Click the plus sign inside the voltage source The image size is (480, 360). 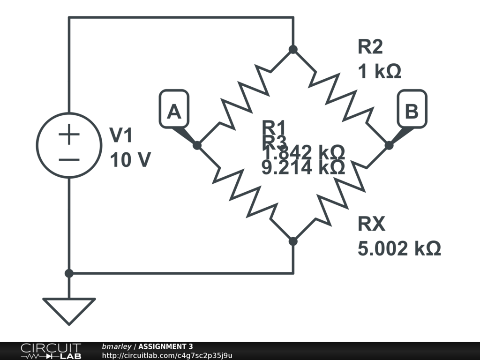tap(69, 136)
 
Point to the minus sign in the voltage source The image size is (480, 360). tap(69, 159)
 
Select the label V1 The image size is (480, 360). tap(121, 136)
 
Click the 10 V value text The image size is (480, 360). tap(130, 160)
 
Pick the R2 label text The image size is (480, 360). tap(370, 47)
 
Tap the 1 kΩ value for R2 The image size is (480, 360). tap(380, 72)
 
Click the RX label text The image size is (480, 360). tap(371, 225)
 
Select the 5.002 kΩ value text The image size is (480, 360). tap(399, 248)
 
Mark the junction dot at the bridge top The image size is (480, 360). tap(293, 49)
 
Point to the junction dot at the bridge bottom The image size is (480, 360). tap(293, 241)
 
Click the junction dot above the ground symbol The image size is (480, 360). tap(69, 273)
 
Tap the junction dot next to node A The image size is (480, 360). tap(197, 145)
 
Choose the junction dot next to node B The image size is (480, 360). tap(389, 145)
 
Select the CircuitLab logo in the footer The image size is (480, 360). tap(51, 351)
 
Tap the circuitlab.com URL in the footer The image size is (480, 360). tap(167, 355)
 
